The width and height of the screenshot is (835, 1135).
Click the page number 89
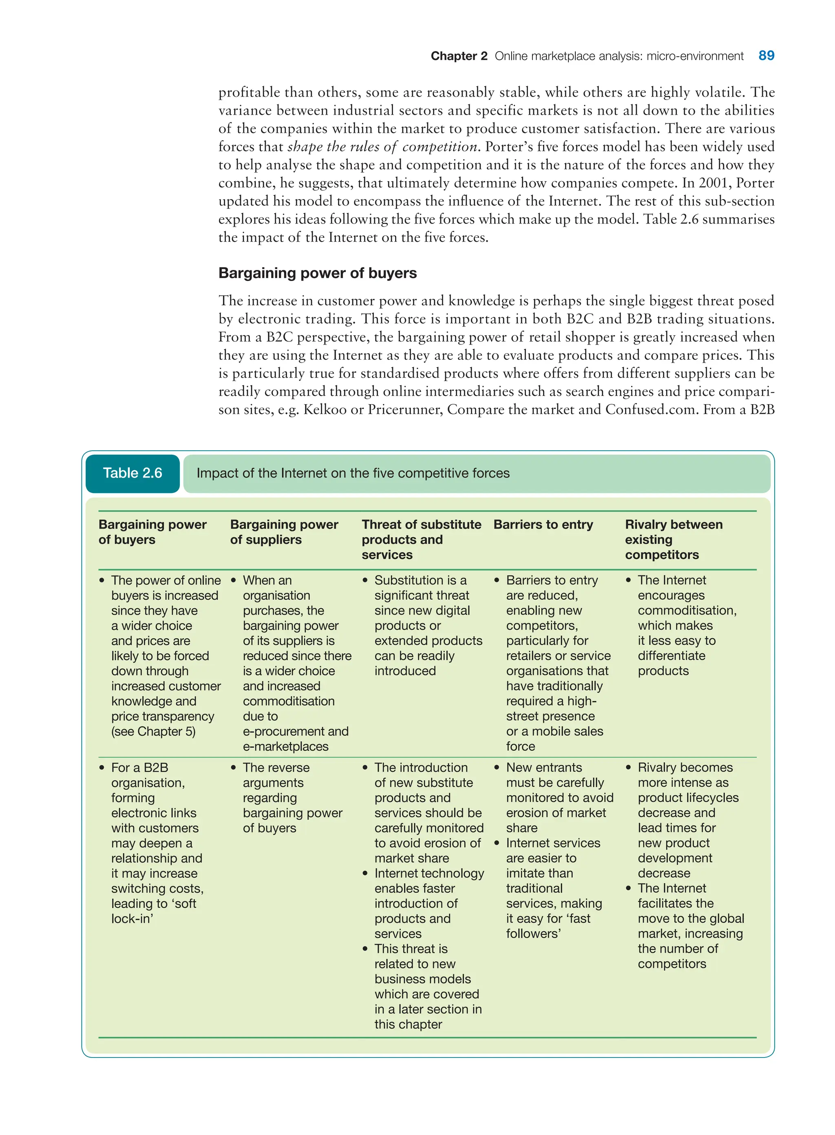coord(766,55)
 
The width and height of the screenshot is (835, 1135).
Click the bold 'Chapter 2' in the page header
coord(458,56)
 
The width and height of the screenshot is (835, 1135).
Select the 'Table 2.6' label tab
coord(133,473)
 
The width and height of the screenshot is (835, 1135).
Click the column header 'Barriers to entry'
coord(543,524)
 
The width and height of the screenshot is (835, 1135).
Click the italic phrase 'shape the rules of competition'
coord(382,146)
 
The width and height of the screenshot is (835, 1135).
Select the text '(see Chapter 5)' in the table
coord(153,731)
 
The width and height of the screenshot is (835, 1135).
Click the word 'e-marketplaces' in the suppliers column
coord(285,746)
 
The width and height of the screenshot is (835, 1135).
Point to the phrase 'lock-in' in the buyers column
coord(132,918)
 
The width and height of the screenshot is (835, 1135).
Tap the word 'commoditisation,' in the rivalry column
coord(687,610)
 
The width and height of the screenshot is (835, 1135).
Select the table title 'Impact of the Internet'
coord(353,473)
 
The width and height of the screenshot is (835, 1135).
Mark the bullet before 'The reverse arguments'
coord(234,768)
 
